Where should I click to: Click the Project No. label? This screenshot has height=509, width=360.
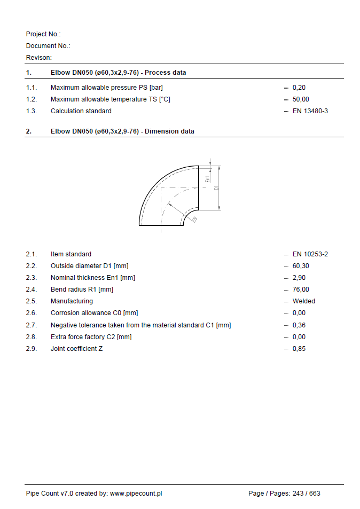[x=43, y=34]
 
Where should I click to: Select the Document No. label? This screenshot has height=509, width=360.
[x=48, y=46]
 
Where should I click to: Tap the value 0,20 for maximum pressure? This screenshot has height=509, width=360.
[x=299, y=88]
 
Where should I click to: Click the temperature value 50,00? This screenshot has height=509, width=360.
[x=301, y=99]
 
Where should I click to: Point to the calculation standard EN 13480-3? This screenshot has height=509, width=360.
[x=310, y=111]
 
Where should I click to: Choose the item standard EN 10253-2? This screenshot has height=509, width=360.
[x=310, y=254]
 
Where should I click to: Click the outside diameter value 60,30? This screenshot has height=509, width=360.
[x=301, y=266]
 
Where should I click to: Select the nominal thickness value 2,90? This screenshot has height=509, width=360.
[x=299, y=278]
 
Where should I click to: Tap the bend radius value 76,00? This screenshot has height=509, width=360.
[x=301, y=289]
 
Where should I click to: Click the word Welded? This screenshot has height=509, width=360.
[x=304, y=301]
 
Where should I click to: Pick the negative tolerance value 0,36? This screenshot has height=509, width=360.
[x=299, y=325]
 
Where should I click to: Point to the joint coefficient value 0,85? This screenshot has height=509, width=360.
[x=299, y=349]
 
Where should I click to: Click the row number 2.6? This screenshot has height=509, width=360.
[x=32, y=313]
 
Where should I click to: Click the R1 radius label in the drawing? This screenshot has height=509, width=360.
[x=194, y=218]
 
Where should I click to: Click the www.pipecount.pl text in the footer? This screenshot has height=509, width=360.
[x=136, y=494]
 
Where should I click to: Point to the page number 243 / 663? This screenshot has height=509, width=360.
[x=307, y=494]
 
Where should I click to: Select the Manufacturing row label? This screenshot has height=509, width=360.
[x=72, y=301]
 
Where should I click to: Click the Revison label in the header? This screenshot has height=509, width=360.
[x=39, y=58]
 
